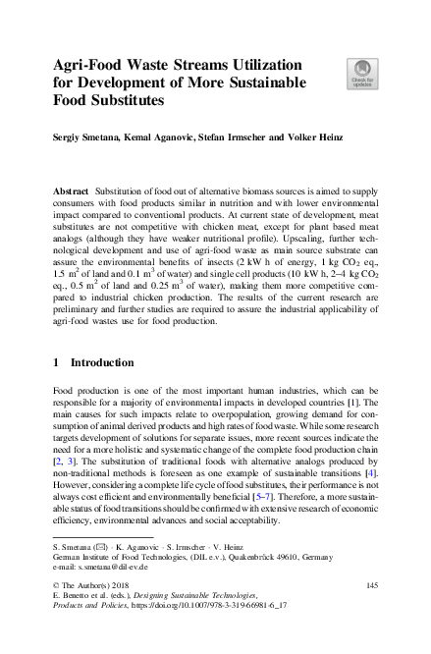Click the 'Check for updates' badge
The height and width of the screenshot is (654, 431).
[x=360, y=74]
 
